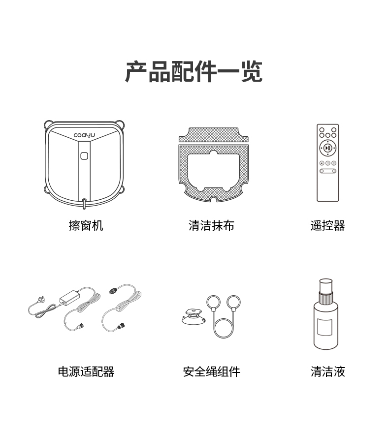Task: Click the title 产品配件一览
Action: coord(194,71)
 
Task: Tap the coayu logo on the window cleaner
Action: coord(84,135)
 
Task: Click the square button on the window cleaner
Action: coord(84,156)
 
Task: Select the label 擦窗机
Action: coord(86,226)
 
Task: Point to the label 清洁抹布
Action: coord(211,226)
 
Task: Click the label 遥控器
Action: coord(328,226)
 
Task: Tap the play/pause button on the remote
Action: coord(328,148)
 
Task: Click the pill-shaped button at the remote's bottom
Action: coord(328,171)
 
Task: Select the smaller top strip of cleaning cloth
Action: coord(214,135)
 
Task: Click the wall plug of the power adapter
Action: coord(41,300)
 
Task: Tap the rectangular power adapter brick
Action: coord(69,298)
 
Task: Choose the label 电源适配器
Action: coord(86,371)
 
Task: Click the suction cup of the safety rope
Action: coord(194,317)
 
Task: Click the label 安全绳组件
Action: coord(211,371)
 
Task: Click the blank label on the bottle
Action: coord(325,327)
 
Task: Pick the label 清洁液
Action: coord(328,371)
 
